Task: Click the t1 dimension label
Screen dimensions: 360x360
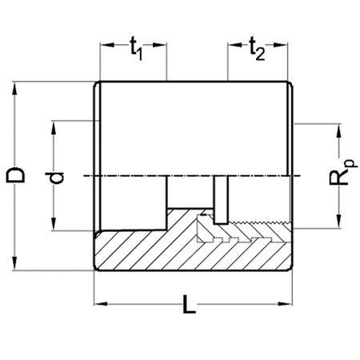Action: click(136, 49)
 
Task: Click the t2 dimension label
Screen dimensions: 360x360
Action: click(257, 49)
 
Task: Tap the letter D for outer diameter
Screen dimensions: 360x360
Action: click(15, 175)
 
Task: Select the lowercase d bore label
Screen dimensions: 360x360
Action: click(54, 178)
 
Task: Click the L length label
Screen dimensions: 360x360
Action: click(190, 304)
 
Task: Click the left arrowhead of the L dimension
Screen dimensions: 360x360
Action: click(101, 304)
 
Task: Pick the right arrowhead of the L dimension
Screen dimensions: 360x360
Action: click(286, 304)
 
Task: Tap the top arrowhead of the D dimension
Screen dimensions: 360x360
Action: click(14, 88)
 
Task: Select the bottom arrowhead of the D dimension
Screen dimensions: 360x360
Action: click(14, 263)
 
